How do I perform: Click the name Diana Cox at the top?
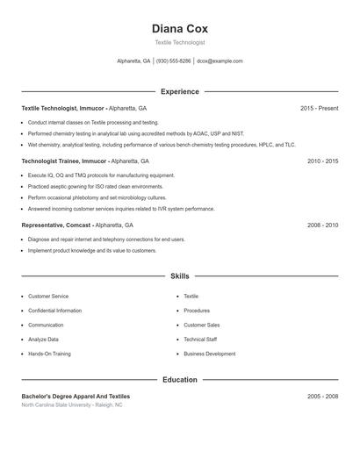pyautogui.click(x=180, y=28)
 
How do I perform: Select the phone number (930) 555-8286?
pyautogui.click(x=174, y=61)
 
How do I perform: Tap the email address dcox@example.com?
pyautogui.click(x=220, y=61)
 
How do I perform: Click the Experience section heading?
pyautogui.click(x=180, y=91)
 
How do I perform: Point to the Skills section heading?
pyautogui.click(x=180, y=276)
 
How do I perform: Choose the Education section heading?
pyautogui.click(x=180, y=380)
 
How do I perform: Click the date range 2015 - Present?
pyautogui.click(x=319, y=109)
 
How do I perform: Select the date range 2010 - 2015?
pyautogui.click(x=322, y=161)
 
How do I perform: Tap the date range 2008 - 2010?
pyautogui.click(x=322, y=225)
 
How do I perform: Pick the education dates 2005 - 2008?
pyautogui.click(x=322, y=397)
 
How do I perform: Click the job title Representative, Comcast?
pyautogui.click(x=56, y=225)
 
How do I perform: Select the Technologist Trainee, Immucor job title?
pyautogui.click(x=64, y=161)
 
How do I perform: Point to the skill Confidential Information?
pyautogui.click(x=54, y=311)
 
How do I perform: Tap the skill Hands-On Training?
pyautogui.click(x=49, y=354)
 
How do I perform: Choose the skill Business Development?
pyautogui.click(x=209, y=354)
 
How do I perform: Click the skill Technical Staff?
pyautogui.click(x=200, y=340)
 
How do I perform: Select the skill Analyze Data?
pyautogui.click(x=43, y=340)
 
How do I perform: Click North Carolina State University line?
pyautogui.click(x=72, y=405)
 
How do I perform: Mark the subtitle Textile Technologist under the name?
pyautogui.click(x=180, y=42)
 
